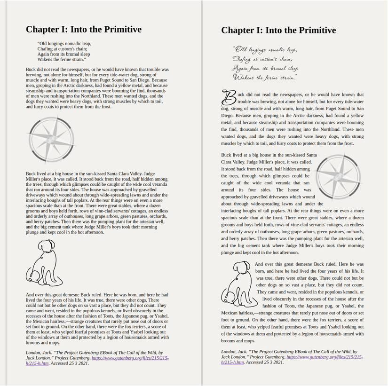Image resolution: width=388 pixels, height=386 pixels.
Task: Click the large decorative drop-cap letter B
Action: click(229, 98)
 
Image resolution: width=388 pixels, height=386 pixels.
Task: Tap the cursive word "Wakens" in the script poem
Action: click(243, 77)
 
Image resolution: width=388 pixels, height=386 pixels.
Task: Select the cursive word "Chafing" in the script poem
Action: click(243, 59)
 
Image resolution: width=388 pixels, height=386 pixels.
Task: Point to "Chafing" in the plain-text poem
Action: click(46, 49)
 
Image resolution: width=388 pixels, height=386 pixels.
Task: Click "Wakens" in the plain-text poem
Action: click(46, 60)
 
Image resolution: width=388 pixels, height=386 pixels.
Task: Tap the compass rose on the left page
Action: click(51, 139)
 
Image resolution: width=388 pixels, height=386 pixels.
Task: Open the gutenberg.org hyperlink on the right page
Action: click(325, 357)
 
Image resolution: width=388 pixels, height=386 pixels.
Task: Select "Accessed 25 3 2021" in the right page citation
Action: click(264, 362)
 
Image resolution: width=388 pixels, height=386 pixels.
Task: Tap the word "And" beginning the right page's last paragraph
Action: click(259, 265)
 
